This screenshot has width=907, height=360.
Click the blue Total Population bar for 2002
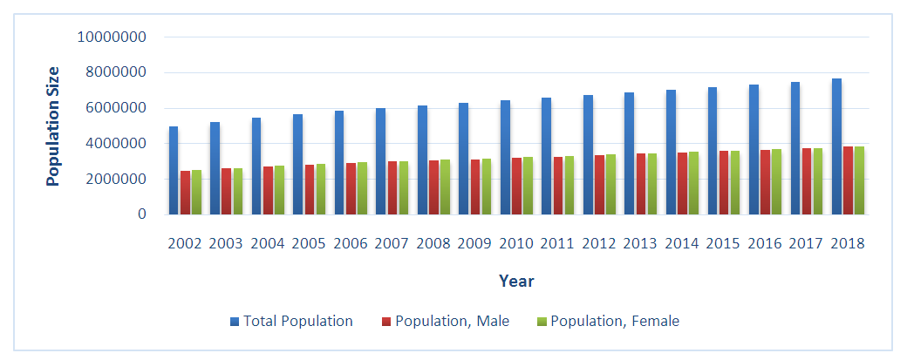point(174,171)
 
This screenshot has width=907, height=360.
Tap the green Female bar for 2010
point(528,186)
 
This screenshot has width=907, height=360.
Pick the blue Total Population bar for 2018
point(836,146)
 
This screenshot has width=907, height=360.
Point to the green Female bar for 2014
point(693,183)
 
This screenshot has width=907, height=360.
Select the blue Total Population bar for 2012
point(588,154)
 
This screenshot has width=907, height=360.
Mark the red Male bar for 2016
point(765,182)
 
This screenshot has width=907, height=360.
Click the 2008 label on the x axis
point(433,243)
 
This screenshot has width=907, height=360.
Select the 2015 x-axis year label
point(723,243)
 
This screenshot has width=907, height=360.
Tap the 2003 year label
point(227,243)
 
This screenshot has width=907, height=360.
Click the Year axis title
point(516,281)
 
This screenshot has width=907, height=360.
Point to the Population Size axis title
point(53,126)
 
